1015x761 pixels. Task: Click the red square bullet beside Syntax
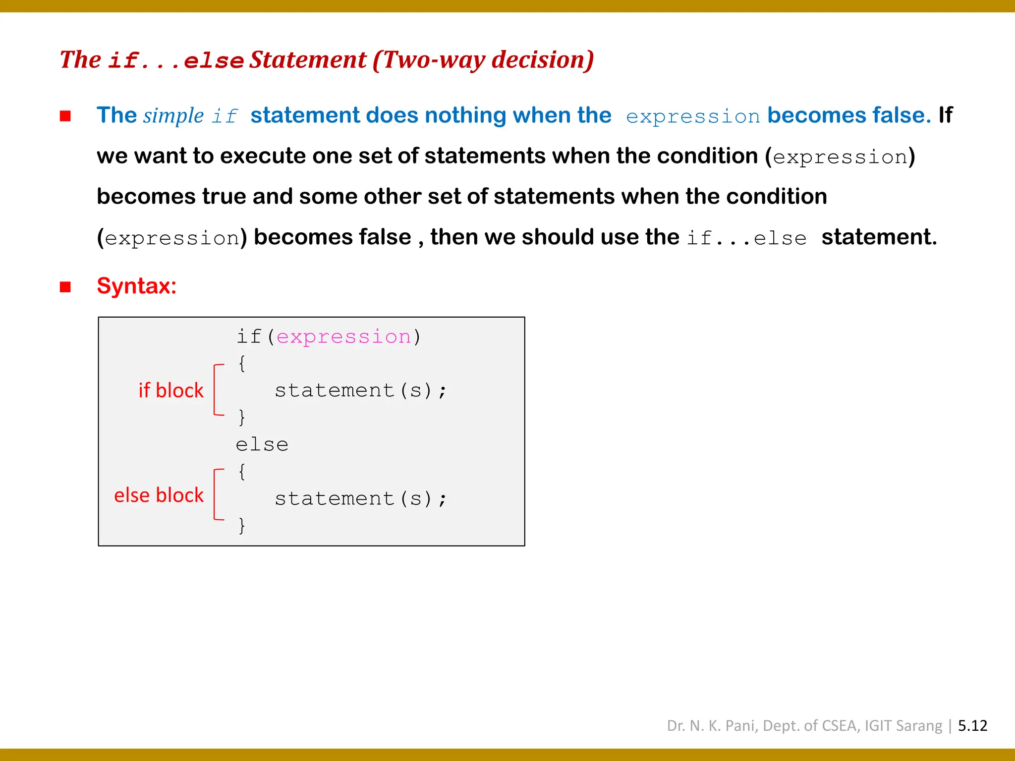click(65, 287)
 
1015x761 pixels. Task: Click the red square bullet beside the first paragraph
click(65, 116)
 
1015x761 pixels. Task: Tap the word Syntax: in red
click(137, 286)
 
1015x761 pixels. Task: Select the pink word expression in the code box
click(344, 337)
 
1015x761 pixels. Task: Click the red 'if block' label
click(171, 390)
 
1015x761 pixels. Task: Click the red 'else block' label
click(159, 495)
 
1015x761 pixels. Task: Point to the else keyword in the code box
click(262, 444)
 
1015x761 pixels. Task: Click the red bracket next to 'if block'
click(216, 389)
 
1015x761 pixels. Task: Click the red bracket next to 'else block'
click(216, 494)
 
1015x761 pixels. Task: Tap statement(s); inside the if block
click(361, 390)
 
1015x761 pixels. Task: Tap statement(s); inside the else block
click(361, 498)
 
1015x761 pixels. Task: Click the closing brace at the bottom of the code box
click(242, 525)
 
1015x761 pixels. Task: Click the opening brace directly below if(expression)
click(242, 364)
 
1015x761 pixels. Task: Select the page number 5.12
click(972, 725)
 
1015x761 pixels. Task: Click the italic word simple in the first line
click(173, 116)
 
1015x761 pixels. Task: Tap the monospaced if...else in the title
click(176, 61)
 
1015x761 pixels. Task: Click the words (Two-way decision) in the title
click(483, 60)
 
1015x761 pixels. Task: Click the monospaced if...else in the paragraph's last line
click(746, 238)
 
